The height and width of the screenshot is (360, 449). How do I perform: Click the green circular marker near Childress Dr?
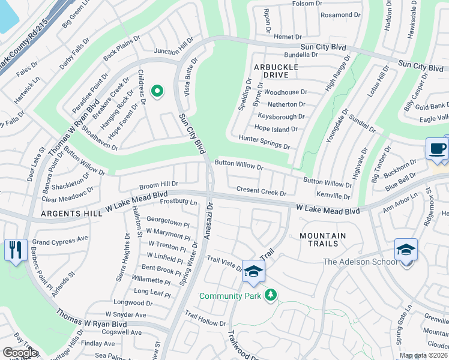(157, 91)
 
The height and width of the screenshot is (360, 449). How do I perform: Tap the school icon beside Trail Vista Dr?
(253, 273)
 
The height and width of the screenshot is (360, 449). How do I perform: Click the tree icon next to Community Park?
(271, 295)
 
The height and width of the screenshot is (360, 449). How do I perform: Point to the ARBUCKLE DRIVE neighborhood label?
(276, 75)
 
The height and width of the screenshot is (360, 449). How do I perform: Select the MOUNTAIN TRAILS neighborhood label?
(322, 236)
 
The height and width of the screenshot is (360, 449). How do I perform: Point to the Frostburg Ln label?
(178, 203)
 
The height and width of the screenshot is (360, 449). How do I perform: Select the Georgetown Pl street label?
(167, 220)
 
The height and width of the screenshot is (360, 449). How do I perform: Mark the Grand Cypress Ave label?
(60, 238)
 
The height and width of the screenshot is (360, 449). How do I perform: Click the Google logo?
(20, 353)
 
